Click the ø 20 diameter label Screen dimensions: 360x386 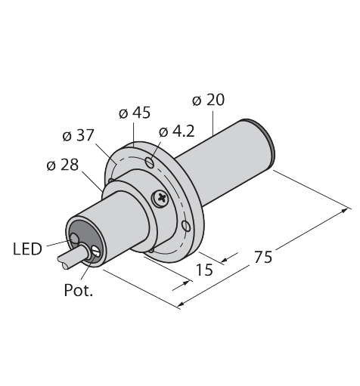tap(208, 100)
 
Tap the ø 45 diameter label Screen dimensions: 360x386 tap(135, 113)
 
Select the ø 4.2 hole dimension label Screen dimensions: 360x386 tap(177, 131)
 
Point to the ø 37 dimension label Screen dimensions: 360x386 tap(78, 135)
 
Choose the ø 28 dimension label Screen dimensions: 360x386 tap(63, 165)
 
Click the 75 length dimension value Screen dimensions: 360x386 tap(263, 257)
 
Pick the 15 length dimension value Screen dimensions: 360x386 tap(204, 270)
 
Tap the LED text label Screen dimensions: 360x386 tap(27, 249)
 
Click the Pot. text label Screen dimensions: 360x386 tap(79, 290)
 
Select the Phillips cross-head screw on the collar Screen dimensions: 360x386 tap(160, 198)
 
